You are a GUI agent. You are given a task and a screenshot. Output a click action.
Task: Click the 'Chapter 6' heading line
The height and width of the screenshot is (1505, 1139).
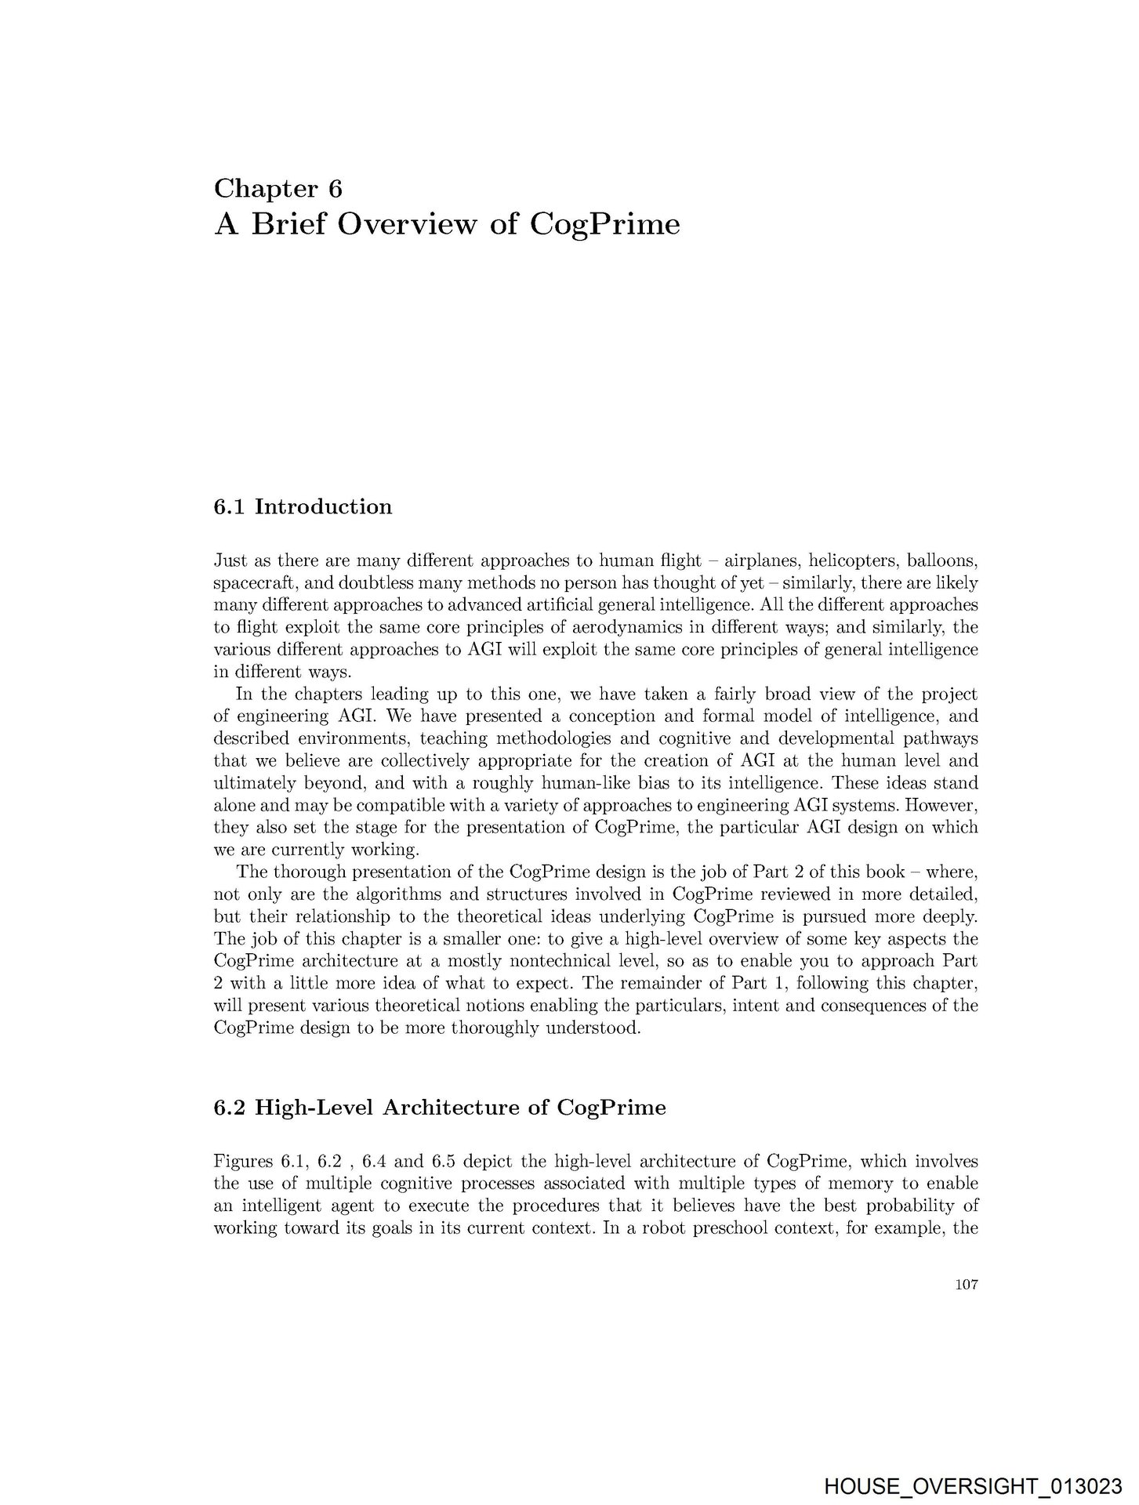(278, 189)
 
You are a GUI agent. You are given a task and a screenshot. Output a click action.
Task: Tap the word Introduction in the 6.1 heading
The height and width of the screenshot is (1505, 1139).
(324, 506)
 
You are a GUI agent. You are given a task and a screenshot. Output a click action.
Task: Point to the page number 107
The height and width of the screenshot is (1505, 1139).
(967, 1285)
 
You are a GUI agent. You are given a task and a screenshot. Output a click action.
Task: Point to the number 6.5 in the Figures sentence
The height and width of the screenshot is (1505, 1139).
(444, 1162)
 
